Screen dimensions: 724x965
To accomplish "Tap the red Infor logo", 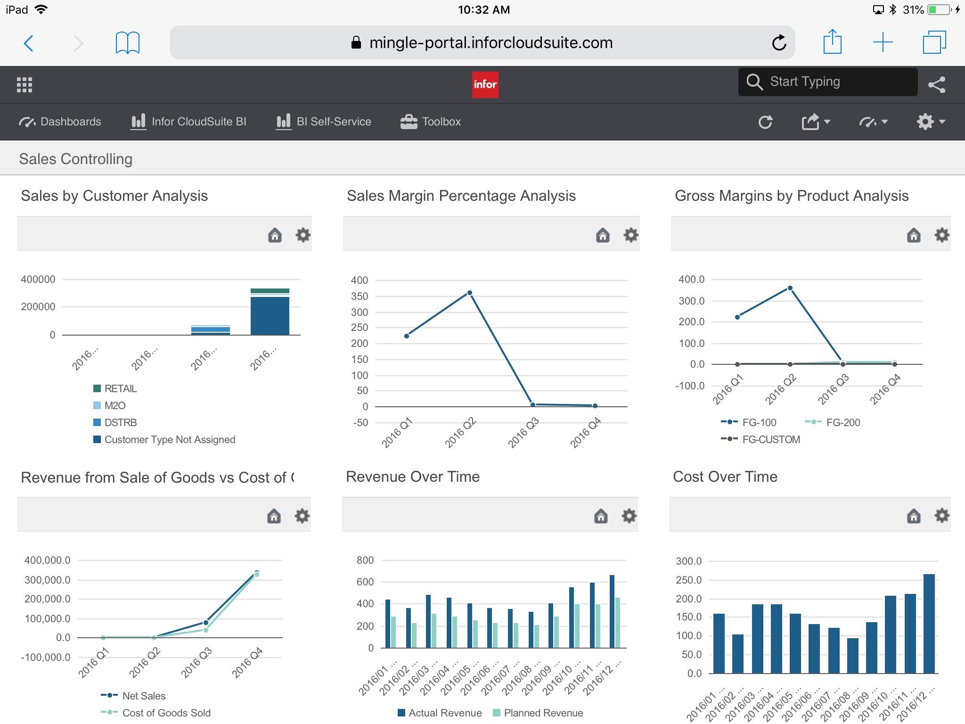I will coord(485,84).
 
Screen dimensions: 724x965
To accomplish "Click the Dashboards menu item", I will coord(60,122).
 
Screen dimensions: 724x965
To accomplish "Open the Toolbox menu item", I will coord(431,122).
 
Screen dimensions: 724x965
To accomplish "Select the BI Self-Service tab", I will coord(324,122).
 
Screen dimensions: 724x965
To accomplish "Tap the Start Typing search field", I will coord(827,82).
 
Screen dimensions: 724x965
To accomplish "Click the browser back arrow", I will coord(29,43).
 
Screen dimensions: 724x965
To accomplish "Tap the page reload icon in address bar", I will coord(779,43).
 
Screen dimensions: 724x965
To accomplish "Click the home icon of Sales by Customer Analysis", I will coord(275,235).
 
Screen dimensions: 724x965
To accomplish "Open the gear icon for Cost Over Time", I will coord(941,516).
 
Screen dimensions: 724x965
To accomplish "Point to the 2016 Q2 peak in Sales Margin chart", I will coord(469,293).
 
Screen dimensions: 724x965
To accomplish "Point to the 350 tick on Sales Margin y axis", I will coord(360,296).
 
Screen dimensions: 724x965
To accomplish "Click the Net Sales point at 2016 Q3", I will coord(206,623).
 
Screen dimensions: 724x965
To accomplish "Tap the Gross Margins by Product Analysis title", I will coord(792,196).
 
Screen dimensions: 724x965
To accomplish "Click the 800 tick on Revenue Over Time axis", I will coord(365,560).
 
